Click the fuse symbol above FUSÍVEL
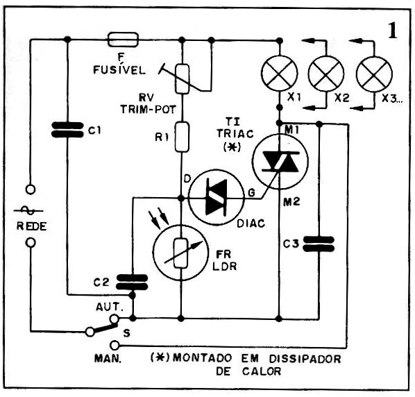pyautogui.click(x=123, y=40)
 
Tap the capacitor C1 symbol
pyautogui.click(x=67, y=130)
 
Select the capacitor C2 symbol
pyautogui.click(x=132, y=282)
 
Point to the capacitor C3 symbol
pyautogui.click(x=319, y=244)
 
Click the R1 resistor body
pyautogui.click(x=182, y=137)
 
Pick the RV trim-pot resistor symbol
pyautogui.click(x=183, y=79)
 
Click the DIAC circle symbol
pyautogui.click(x=217, y=197)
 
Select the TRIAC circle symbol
pyautogui.click(x=280, y=162)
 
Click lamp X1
pyautogui.click(x=280, y=74)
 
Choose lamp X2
pyautogui.click(x=326, y=74)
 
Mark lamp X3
pyautogui.click(x=374, y=74)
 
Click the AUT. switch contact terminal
pyautogui.click(x=114, y=319)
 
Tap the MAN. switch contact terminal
pyautogui.click(x=115, y=346)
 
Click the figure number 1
pyautogui.click(x=393, y=31)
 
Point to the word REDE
pyautogui.click(x=31, y=226)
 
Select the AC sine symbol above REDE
pyautogui.click(x=28, y=211)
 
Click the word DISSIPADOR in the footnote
pyautogui.click(x=305, y=359)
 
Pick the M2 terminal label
pyautogui.click(x=291, y=202)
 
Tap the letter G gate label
pyautogui.click(x=251, y=192)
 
